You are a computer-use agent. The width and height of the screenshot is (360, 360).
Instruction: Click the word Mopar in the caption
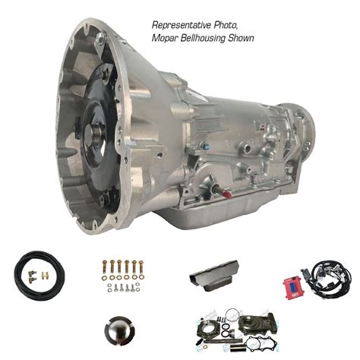click(165, 37)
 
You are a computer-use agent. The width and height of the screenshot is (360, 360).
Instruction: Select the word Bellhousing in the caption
click(204, 37)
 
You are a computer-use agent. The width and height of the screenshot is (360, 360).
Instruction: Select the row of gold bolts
click(122, 267)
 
